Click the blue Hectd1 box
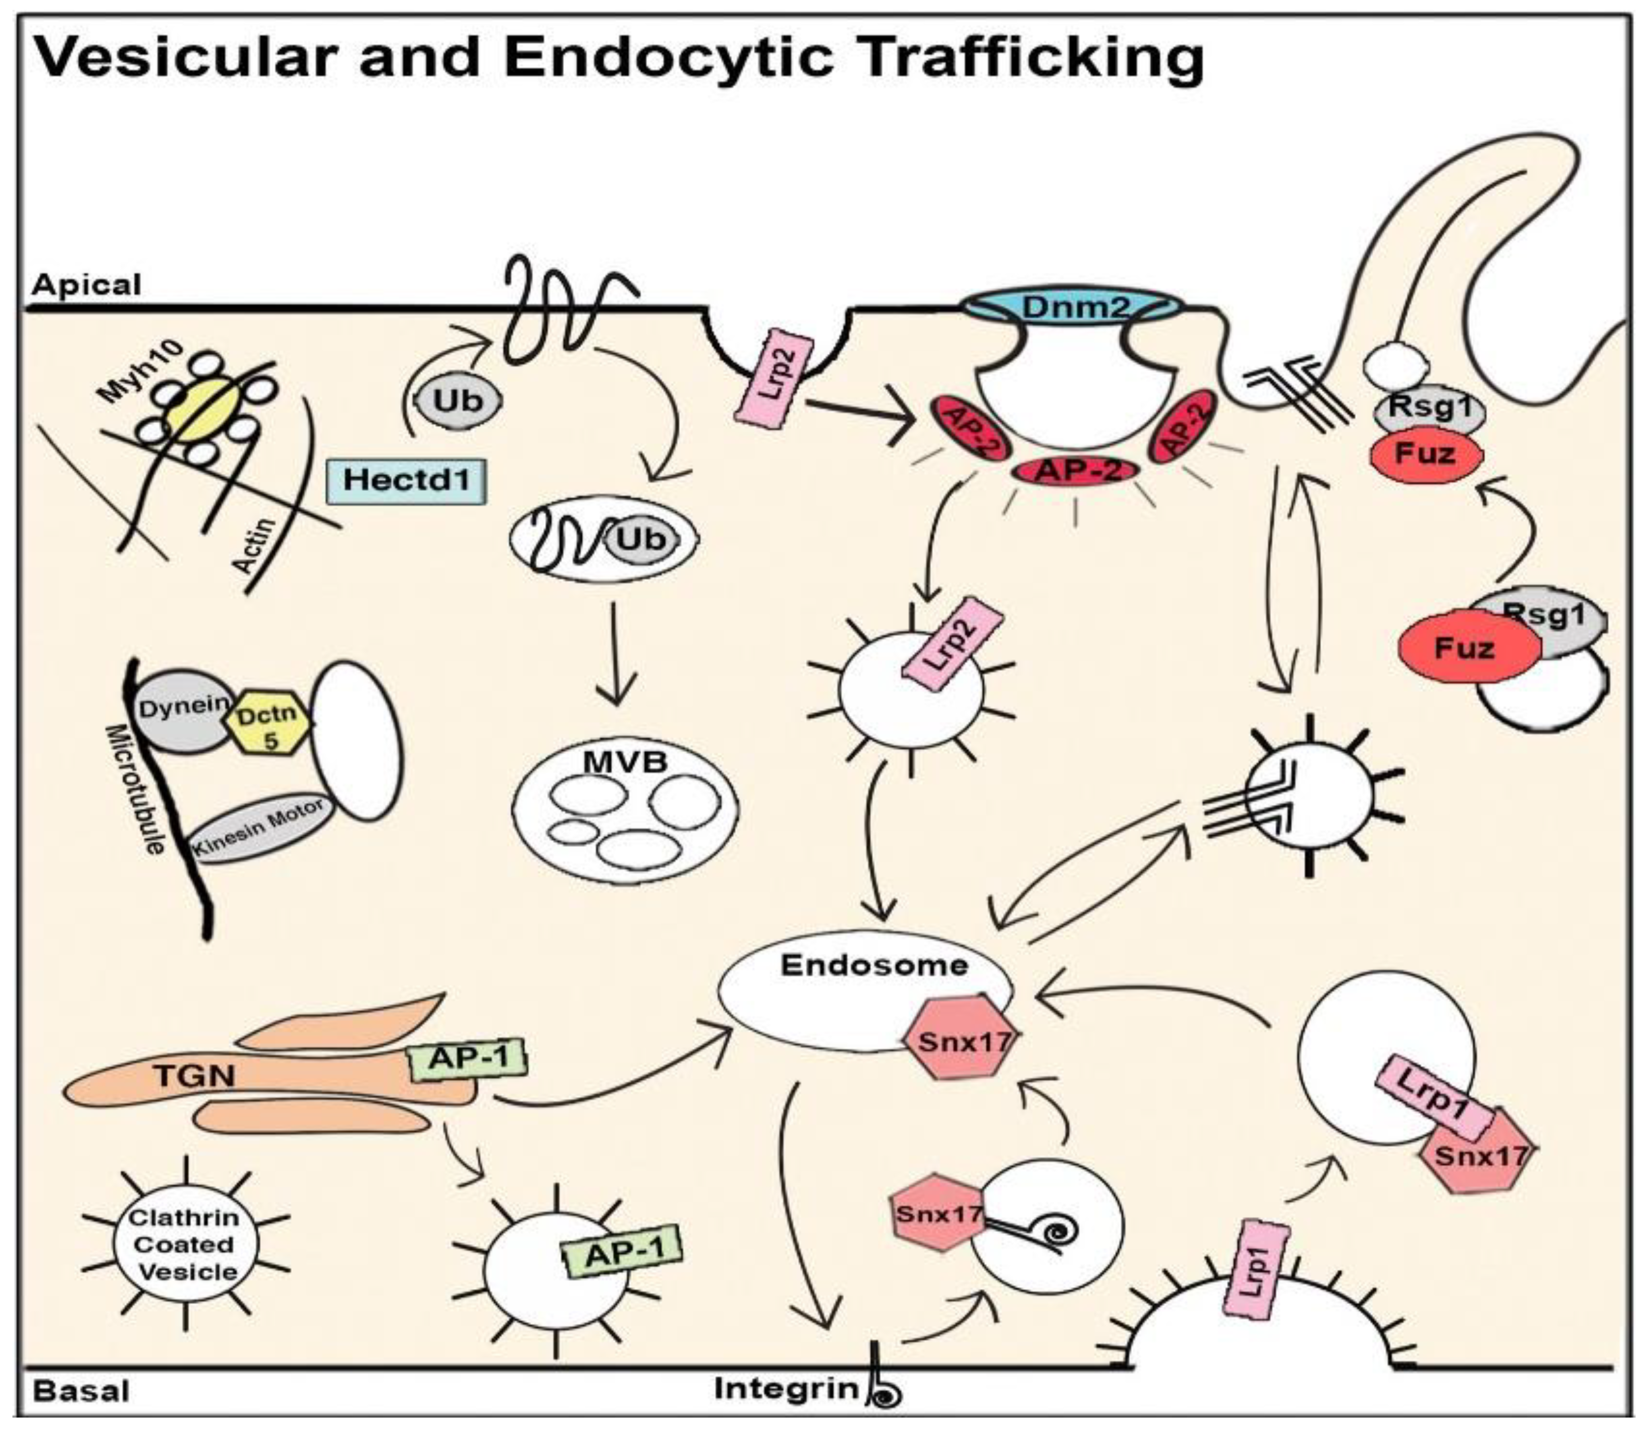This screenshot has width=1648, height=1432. coord(406,480)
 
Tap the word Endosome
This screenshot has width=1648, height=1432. coord(874,965)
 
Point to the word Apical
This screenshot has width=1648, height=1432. coord(86,285)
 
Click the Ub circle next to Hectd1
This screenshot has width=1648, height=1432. coord(457,400)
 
